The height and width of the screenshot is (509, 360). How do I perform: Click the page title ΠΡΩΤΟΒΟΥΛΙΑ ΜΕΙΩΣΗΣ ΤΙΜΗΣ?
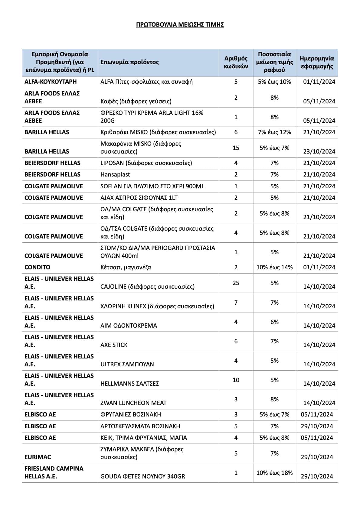180,24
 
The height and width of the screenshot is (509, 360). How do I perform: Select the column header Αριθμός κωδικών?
236,62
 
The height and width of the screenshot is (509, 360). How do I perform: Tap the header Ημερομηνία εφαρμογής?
317,62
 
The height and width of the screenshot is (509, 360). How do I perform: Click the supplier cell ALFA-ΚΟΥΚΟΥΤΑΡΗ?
51,82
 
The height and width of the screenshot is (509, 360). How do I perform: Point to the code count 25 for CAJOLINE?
236,283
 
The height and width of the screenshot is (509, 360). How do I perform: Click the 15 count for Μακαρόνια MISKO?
236,148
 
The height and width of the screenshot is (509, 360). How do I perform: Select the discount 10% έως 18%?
274,473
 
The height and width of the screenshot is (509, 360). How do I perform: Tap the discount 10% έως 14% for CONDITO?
274,267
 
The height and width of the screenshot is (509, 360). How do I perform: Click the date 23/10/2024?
319,151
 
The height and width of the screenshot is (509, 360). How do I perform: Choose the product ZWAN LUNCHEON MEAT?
133,403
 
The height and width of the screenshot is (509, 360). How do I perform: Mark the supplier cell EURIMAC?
38,457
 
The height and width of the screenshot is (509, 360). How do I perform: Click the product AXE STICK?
114,345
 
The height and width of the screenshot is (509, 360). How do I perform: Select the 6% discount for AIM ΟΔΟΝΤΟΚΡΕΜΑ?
274,322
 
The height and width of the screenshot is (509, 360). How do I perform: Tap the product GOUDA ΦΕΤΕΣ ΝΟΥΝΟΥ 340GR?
142,476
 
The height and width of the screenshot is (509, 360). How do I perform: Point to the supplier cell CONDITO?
38,267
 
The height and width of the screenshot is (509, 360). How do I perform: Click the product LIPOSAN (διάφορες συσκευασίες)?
146,163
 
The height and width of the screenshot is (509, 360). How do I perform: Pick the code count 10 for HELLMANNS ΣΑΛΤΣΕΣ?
236,380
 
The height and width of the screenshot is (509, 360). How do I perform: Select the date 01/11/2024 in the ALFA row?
319,82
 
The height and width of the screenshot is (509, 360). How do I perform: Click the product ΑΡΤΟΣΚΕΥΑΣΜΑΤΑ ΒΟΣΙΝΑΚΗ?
140,426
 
